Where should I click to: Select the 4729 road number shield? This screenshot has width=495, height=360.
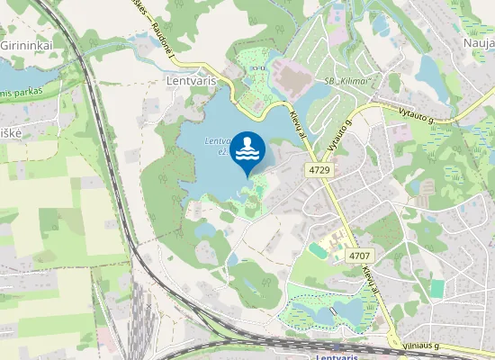pos(319,168)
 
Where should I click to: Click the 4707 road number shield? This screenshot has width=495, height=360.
pos(358,256)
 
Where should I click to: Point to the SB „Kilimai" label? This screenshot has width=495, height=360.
pos(343,82)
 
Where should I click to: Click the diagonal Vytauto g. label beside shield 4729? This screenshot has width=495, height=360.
pos(337,137)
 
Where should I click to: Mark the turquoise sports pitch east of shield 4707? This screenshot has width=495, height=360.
pos(437,288)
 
